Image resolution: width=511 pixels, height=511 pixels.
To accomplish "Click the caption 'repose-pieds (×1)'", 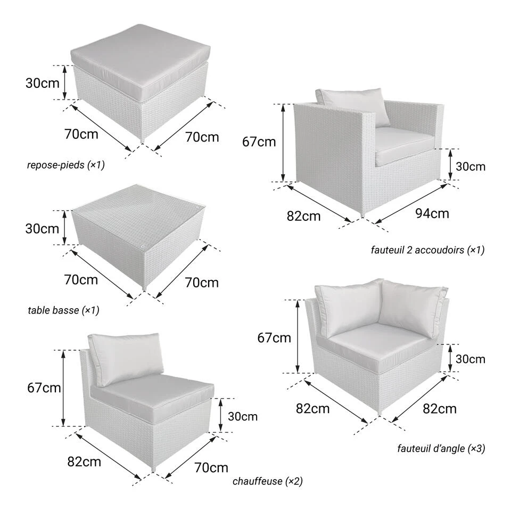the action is click(66, 165).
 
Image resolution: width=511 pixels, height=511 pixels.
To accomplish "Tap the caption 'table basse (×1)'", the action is click(63, 310).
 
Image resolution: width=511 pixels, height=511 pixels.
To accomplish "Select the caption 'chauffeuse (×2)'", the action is click(268, 481).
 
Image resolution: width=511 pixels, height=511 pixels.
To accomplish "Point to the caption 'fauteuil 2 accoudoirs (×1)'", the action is click(427, 250).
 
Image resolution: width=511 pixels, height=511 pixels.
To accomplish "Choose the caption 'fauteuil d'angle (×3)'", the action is click(441, 448).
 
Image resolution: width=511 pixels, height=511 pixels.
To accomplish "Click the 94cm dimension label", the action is click(432, 213).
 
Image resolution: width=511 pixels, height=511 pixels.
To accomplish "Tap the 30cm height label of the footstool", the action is click(43, 83).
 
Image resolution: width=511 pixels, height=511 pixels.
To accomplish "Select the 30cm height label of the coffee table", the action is click(43, 229).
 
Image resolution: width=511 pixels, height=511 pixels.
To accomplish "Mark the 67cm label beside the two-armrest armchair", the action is click(259, 142).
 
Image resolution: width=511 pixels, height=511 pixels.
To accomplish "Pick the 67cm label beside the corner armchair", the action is click(274, 338).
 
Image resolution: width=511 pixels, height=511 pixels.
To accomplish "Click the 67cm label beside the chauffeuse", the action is click(44, 388).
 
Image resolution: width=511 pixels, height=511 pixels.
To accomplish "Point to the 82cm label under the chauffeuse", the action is click(84, 462).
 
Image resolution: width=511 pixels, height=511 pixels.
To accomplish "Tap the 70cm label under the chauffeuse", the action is click(211, 468).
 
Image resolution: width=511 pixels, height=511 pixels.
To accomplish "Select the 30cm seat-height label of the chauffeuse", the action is click(243, 416).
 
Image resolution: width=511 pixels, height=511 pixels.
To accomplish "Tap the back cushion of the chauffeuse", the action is click(126, 358).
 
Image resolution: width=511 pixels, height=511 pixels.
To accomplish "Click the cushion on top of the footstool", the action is click(139, 59).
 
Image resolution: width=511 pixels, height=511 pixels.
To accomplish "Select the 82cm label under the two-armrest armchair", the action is click(303, 216).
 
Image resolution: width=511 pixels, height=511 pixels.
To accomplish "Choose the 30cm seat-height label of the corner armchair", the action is click(470, 359).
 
